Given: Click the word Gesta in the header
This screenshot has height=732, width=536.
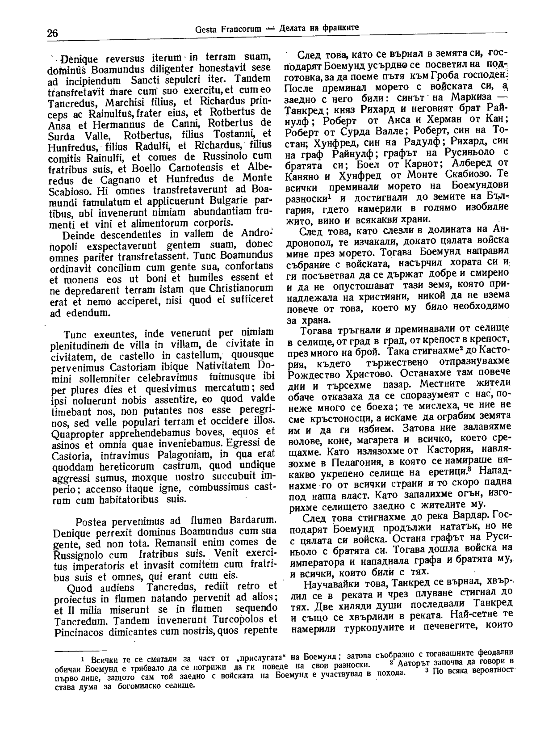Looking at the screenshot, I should point(206,29).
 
